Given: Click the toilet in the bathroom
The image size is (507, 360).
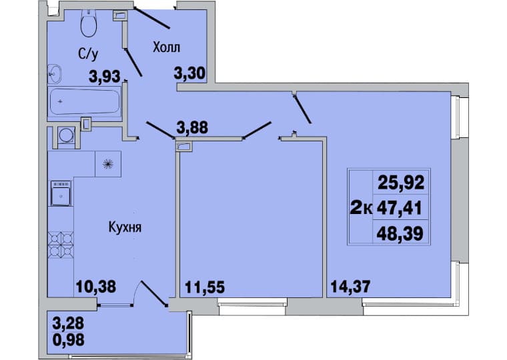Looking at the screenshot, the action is point(89,23).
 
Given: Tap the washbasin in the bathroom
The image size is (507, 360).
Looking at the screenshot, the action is point(55,74).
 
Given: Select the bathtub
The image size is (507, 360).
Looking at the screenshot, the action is point(85,101).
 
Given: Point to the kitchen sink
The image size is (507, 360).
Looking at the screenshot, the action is point(61,193).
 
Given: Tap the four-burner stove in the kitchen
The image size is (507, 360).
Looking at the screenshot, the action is point(61,245).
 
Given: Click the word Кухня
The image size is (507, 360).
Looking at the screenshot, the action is point(125,227).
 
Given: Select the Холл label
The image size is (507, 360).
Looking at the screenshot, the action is point(166,47).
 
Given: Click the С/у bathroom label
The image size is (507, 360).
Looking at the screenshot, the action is point(87,54).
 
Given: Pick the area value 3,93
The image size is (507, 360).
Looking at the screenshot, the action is point(105,77).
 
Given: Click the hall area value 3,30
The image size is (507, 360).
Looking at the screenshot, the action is point(189,73).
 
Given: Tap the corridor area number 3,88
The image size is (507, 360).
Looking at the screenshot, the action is point(192,127).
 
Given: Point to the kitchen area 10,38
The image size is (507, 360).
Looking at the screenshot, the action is point(95,286).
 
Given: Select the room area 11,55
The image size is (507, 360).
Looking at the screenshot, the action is point(205,287).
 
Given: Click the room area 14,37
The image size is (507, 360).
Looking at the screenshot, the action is point(350,286).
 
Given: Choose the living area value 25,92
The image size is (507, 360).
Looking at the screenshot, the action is point(401,183).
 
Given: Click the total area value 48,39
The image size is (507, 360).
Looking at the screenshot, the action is point(400,233).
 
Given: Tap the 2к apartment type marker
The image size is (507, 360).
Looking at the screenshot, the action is point(361,209).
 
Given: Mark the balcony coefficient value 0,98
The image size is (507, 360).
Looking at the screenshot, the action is point(68,339).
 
